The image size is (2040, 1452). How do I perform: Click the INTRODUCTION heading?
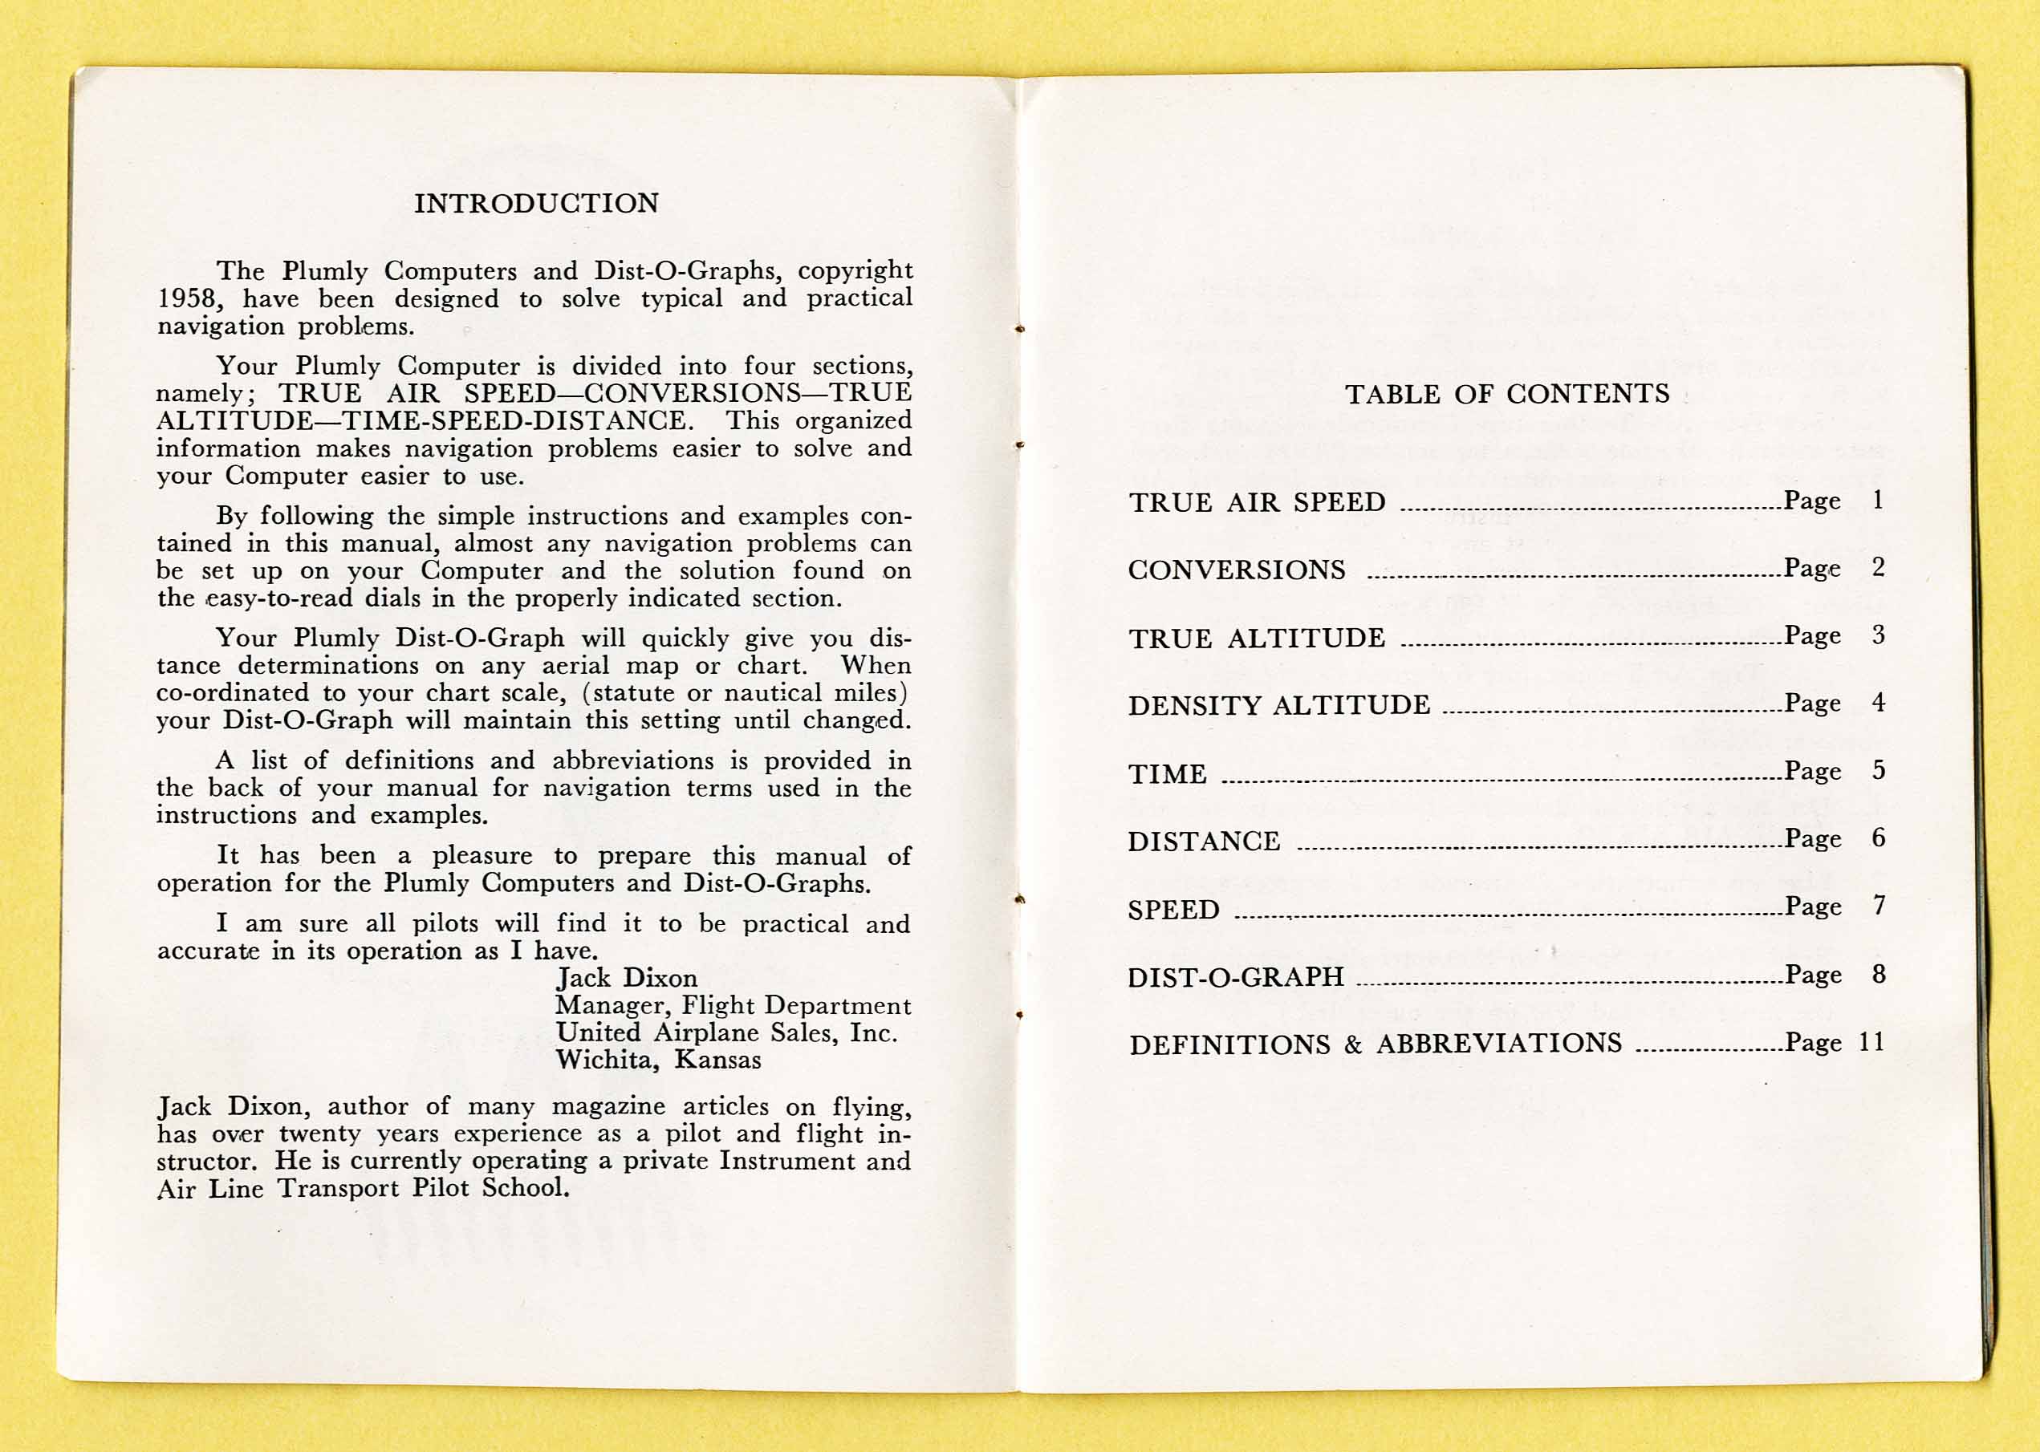[x=536, y=204]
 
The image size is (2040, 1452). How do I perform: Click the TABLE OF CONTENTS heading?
[x=1507, y=395]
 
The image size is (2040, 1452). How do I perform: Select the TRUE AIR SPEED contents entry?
[x=1257, y=502]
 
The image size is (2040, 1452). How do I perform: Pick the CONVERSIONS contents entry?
[x=1236, y=570]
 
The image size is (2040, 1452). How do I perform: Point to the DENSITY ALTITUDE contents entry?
[x=1279, y=705]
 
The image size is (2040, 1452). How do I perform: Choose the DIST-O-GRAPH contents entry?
[x=1235, y=976]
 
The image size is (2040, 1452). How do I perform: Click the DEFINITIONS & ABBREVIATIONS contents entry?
[x=1375, y=1044]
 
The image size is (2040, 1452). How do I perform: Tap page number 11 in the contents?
[x=1871, y=1041]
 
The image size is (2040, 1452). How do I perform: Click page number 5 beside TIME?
[x=1878, y=770]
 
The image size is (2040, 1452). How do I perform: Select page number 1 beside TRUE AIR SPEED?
[x=1878, y=500]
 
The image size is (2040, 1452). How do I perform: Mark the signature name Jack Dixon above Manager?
[x=626, y=978]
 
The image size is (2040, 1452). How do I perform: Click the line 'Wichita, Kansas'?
[x=658, y=1061]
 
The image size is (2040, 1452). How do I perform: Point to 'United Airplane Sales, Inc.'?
[x=726, y=1032]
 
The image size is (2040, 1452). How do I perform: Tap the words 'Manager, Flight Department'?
[x=733, y=1006]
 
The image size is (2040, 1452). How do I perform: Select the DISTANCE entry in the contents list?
[x=1204, y=842]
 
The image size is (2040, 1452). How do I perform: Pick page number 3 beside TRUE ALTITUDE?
[x=1878, y=635]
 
